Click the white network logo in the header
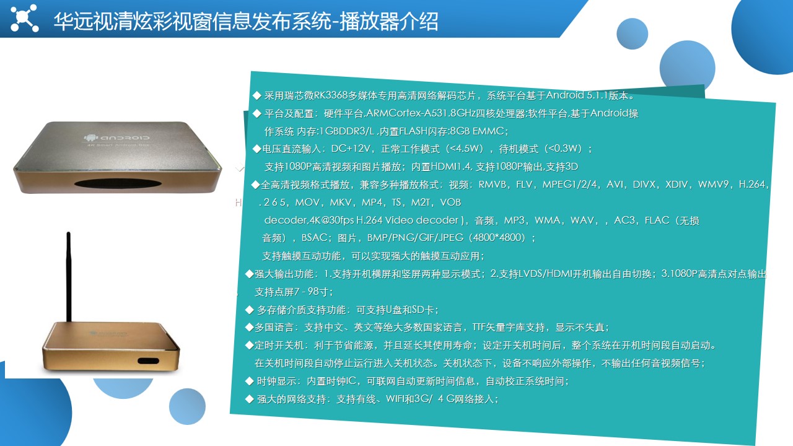(x=24, y=18)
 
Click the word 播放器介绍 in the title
(x=388, y=21)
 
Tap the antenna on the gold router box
(x=69, y=276)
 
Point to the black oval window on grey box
(x=118, y=184)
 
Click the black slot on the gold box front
(x=148, y=361)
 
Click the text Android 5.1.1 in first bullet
(x=577, y=95)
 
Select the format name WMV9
(x=713, y=185)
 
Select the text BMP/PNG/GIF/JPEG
(x=415, y=237)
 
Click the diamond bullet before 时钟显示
(x=250, y=381)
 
